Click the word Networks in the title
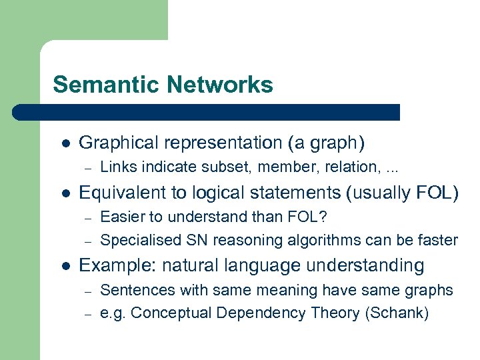click(221, 85)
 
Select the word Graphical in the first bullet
click(114, 143)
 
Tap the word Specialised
click(133, 239)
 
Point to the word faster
click(438, 239)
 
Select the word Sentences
click(131, 290)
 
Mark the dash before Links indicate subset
click(86, 167)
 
